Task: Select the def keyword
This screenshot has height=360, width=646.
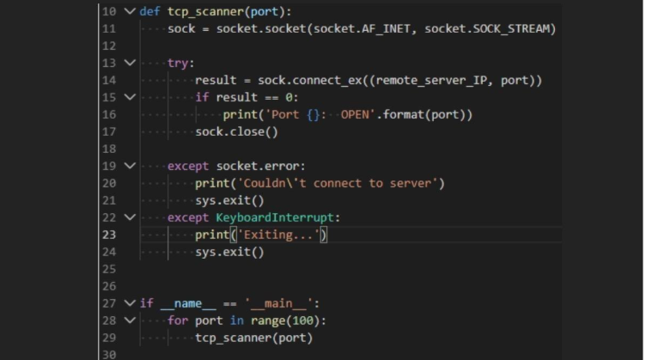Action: (149, 11)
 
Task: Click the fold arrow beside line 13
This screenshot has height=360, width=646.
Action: (130, 63)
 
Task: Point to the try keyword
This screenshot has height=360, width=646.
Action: (178, 63)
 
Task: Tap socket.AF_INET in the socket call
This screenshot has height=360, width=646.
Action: (363, 29)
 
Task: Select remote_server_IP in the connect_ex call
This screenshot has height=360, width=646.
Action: (431, 80)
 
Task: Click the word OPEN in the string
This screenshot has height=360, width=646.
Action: (355, 114)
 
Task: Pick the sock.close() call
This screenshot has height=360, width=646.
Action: (236, 131)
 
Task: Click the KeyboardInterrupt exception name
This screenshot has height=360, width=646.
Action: (275, 217)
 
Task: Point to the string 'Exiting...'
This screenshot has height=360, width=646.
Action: (278, 235)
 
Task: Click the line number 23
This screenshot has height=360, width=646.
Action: (109, 235)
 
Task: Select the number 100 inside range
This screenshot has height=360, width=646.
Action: (302, 320)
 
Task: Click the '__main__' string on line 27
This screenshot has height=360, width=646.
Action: (278, 303)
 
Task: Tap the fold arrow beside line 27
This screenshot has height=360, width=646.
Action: (130, 303)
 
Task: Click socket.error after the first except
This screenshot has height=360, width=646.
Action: (258, 166)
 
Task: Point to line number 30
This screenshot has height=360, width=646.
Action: (109, 355)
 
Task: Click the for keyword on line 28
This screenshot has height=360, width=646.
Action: (178, 320)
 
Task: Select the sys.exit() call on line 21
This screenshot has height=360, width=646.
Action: (229, 200)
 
